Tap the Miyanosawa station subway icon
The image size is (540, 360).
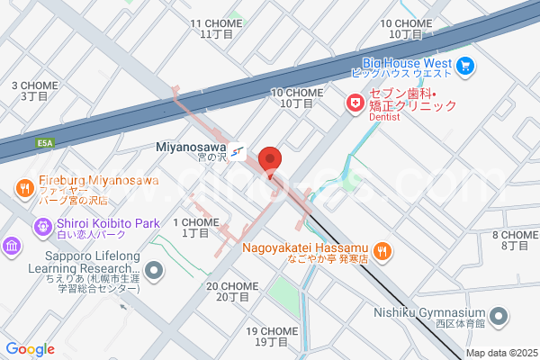pos(237,152)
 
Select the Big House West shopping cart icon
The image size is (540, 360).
pos(465,65)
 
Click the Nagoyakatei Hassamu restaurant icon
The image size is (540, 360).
pos(382,250)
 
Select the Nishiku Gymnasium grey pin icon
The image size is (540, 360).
pos(499,317)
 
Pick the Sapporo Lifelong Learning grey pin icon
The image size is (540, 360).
pos(155,270)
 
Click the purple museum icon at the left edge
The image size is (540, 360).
pos(12,246)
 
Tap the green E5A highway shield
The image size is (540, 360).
pos(45,142)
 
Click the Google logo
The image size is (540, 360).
pos(30,349)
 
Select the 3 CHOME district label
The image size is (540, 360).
pos(34,90)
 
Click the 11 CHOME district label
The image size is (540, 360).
pos(216,28)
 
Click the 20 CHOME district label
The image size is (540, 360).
pos(232,292)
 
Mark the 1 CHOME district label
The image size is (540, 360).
pos(195,227)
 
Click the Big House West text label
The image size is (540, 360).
pos(406,63)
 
